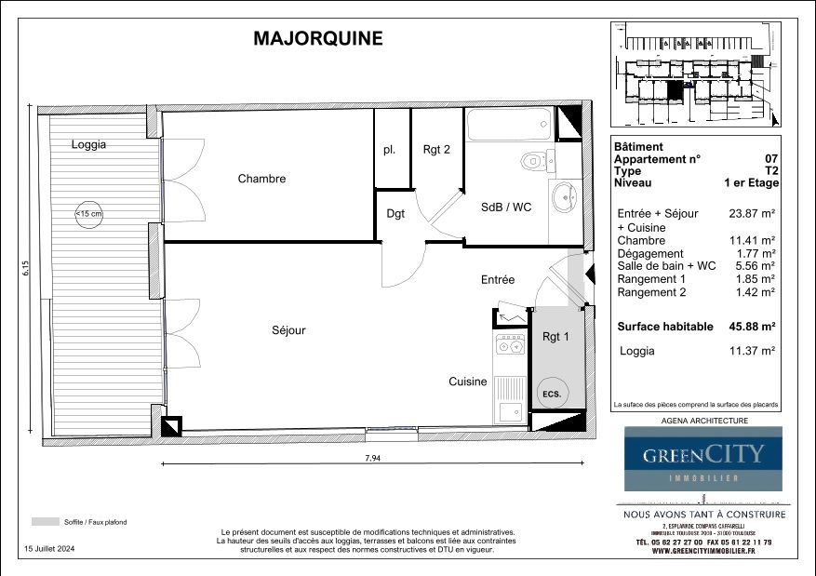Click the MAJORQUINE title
point(317,38)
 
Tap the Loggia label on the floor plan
point(88,145)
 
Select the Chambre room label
point(261,179)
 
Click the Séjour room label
point(288,330)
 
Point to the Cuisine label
point(468,382)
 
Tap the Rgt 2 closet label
point(436,149)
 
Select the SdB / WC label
point(506,208)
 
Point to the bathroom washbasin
point(564,196)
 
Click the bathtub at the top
point(509,124)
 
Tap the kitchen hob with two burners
point(510,347)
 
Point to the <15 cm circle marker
point(89,215)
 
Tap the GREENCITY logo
point(702,455)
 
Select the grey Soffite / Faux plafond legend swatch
point(45,522)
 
